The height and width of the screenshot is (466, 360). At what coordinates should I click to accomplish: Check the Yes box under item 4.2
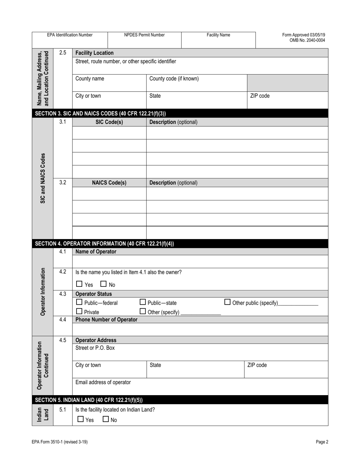79,284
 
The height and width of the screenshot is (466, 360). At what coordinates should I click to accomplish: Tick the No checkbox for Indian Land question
106,419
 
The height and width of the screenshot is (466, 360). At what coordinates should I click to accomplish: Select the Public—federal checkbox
79,302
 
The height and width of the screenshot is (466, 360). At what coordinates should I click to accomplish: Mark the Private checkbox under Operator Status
79,311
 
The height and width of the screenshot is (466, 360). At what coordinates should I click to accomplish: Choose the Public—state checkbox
143,302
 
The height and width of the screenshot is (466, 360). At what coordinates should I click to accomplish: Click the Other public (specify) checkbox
227,302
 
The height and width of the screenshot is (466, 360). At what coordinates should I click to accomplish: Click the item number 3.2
63,182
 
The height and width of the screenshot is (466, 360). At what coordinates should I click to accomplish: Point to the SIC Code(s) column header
109,122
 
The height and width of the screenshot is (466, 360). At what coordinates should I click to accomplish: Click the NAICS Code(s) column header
109,183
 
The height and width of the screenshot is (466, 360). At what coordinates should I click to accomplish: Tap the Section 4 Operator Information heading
104,244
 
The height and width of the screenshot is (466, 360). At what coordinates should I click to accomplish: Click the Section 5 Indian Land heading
89,400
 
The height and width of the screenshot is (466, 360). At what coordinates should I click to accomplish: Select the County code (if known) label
174,79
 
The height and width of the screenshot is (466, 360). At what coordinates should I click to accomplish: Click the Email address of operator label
103,382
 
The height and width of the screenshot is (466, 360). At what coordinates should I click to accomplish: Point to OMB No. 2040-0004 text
307,40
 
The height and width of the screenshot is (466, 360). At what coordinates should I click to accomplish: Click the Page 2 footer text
322,442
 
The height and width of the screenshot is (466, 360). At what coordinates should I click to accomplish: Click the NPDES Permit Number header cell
144,35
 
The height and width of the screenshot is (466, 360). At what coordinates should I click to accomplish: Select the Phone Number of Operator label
106,319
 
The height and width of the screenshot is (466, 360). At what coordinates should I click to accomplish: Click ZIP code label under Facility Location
260,96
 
